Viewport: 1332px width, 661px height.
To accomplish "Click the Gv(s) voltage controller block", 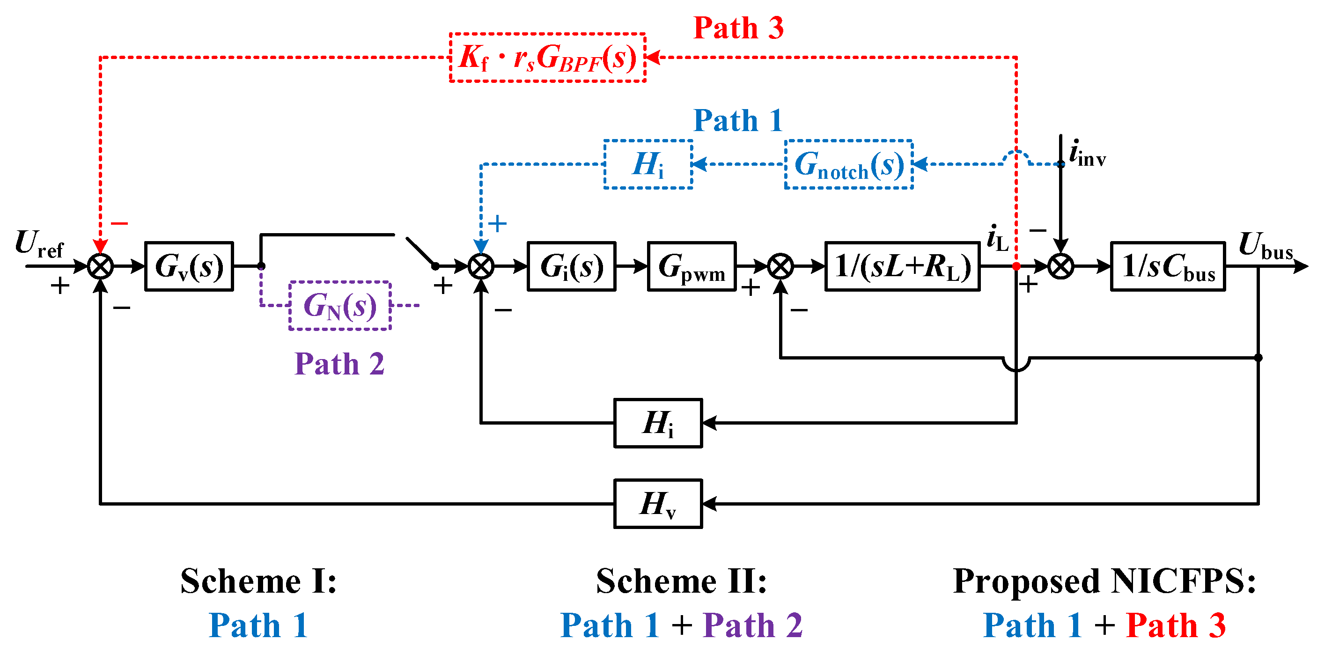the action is pyautogui.click(x=189, y=266).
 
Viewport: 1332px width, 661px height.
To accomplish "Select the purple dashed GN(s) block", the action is pyautogui.click(x=340, y=305).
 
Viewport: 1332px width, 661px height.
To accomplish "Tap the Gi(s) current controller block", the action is pyautogui.click(x=572, y=266).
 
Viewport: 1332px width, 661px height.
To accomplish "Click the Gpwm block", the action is pyautogui.click(x=692, y=266).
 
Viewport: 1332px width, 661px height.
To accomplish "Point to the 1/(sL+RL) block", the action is pyautogui.click(x=903, y=266).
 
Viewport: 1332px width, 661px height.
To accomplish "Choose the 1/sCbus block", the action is pyautogui.click(x=1168, y=266).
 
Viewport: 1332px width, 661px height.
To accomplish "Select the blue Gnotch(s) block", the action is pyautogui.click(x=849, y=164).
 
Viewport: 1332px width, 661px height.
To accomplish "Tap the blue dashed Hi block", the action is pyautogui.click(x=648, y=164).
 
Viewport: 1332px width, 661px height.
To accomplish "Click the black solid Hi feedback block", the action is pyautogui.click(x=658, y=423).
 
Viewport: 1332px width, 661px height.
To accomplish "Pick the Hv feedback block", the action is pyautogui.click(x=658, y=504).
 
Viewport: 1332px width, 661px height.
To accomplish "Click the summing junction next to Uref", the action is pyautogui.click(x=100, y=266).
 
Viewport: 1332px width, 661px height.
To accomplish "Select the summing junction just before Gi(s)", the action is pyautogui.click(x=481, y=266).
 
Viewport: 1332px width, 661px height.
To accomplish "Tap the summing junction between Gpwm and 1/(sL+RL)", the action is pyautogui.click(x=780, y=266).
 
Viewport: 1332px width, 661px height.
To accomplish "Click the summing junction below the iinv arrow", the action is pyautogui.click(x=1060, y=266).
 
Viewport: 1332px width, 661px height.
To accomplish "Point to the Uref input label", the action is pyautogui.click(x=39, y=243).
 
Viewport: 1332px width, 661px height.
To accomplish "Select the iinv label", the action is pyautogui.click(x=1088, y=153).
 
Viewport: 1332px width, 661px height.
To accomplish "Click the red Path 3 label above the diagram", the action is pyautogui.click(x=738, y=28).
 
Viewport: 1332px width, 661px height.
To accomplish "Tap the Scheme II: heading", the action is pyautogui.click(x=682, y=581).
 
